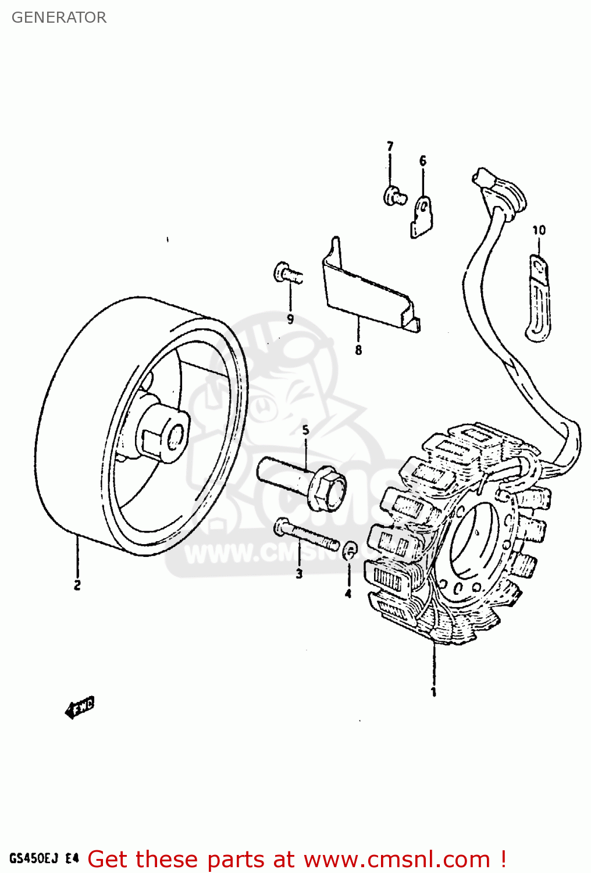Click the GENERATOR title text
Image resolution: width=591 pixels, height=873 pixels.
click(x=59, y=17)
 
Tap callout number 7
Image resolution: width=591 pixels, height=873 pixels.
click(x=390, y=146)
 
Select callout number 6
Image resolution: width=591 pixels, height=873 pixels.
click(x=423, y=161)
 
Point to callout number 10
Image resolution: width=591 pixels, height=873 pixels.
click(x=539, y=230)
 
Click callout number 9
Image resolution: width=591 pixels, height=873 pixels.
click(x=290, y=319)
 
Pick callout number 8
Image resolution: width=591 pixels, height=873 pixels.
click(x=358, y=350)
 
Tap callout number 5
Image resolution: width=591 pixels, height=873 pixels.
click(x=305, y=431)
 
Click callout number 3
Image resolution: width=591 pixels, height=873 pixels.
click(x=299, y=574)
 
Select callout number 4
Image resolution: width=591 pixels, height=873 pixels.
click(x=348, y=594)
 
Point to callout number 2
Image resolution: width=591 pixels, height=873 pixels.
click(x=77, y=585)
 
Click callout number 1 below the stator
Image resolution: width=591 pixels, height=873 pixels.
click(x=433, y=692)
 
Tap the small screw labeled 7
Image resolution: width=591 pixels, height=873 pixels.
click(x=393, y=196)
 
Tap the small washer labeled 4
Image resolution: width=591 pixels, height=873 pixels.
click(x=350, y=550)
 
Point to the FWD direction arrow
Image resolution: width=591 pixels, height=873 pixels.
click(x=79, y=708)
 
